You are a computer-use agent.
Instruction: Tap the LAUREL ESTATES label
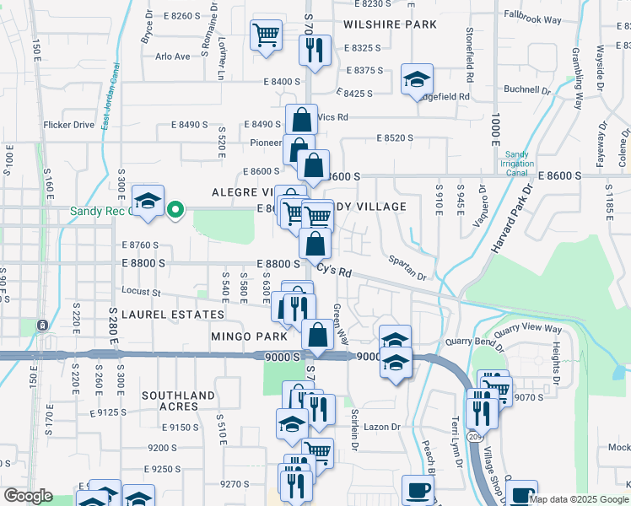pyautogui.click(x=173, y=315)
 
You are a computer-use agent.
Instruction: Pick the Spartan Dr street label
pyautogui.click(x=409, y=268)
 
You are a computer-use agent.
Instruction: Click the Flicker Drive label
pyautogui.click(x=69, y=125)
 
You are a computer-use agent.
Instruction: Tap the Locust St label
pyautogui.click(x=142, y=293)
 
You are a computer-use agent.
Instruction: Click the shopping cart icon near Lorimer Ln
pyautogui.click(x=266, y=36)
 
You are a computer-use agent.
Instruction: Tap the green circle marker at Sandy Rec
pyautogui.click(x=175, y=209)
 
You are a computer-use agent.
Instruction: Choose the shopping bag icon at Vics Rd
pyautogui.click(x=300, y=120)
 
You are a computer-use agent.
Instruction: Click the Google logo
pyautogui.click(x=27, y=496)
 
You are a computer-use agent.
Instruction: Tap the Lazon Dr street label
pyautogui.click(x=382, y=428)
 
